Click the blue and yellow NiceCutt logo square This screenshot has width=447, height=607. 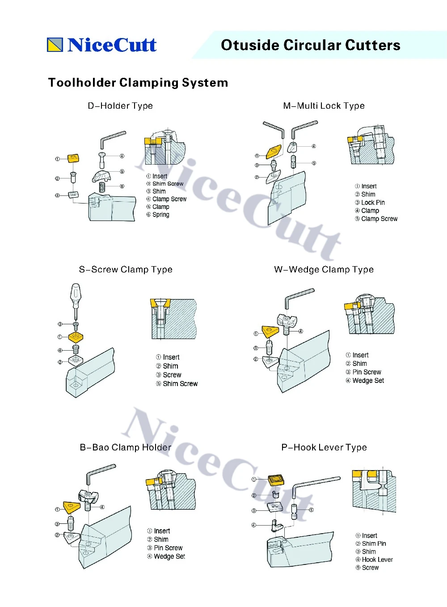55,45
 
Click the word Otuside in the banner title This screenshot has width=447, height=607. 250,45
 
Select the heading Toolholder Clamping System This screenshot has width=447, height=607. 138,83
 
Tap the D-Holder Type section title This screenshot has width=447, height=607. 120,106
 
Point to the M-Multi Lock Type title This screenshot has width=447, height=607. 324,106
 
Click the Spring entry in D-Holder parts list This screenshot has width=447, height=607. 160,215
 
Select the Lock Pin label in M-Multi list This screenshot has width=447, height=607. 373,203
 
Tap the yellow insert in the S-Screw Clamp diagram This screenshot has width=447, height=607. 76,337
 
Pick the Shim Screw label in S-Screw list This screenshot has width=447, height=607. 180,384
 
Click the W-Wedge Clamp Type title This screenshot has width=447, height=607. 324,270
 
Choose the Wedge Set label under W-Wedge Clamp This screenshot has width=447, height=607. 368,381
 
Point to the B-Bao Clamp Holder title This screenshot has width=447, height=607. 126,447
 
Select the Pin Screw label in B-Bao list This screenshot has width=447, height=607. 168,548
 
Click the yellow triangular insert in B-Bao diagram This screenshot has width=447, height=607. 72,506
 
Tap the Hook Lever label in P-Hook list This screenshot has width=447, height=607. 377,560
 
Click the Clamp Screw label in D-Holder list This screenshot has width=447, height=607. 169,199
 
